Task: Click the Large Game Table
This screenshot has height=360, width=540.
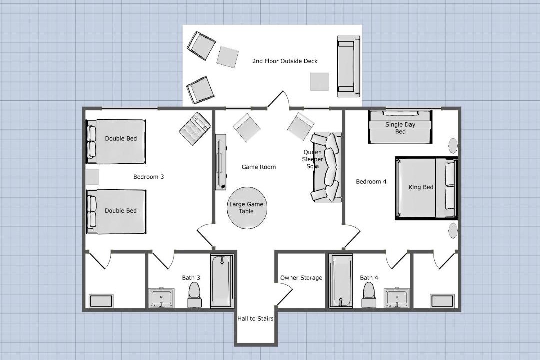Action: [247, 208]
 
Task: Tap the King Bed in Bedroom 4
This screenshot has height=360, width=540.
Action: [426, 188]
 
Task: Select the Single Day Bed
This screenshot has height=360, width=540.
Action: [400, 127]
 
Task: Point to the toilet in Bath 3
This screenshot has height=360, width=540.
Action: [194, 295]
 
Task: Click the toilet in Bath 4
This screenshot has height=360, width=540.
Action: [369, 295]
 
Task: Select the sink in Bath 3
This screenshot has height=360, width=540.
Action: [162, 298]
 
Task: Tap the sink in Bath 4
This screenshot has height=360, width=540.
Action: [397, 298]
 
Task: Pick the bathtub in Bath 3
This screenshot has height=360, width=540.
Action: [222, 281]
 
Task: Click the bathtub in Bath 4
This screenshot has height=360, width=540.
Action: [340, 281]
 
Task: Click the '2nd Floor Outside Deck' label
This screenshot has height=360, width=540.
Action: [285, 61]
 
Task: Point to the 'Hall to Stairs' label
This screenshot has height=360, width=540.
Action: [255, 319]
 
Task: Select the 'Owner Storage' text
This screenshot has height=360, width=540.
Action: [301, 278]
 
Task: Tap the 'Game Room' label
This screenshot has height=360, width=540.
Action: [259, 167]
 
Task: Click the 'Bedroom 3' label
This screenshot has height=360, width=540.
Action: [149, 177]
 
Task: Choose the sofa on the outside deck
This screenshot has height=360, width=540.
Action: [348, 67]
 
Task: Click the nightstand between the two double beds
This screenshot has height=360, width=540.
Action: [92, 177]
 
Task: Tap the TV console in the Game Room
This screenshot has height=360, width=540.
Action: [221, 162]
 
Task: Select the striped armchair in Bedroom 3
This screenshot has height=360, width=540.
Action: [195, 129]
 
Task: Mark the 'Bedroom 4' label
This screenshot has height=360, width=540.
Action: [371, 182]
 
